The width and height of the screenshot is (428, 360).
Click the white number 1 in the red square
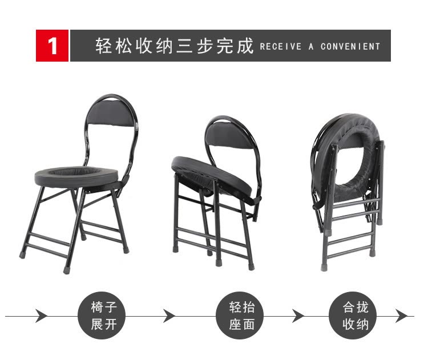click(x=52, y=46)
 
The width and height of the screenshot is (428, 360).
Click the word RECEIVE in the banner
click(x=281, y=46)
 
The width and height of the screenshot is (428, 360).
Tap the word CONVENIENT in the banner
click(x=350, y=46)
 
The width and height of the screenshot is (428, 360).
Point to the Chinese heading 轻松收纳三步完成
click(x=175, y=46)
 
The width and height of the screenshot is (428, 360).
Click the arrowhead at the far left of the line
click(x=41, y=316)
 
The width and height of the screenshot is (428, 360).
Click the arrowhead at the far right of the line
click(x=402, y=316)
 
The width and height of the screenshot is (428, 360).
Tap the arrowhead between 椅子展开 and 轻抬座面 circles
click(x=169, y=316)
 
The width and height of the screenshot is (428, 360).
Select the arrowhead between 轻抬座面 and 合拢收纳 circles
click(x=298, y=316)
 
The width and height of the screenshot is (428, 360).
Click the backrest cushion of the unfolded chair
click(x=111, y=114)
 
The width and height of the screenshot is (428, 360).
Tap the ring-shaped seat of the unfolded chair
click(x=76, y=177)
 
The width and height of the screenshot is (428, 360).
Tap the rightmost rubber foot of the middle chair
click(x=251, y=266)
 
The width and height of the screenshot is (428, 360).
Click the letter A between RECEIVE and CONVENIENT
click(x=311, y=46)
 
